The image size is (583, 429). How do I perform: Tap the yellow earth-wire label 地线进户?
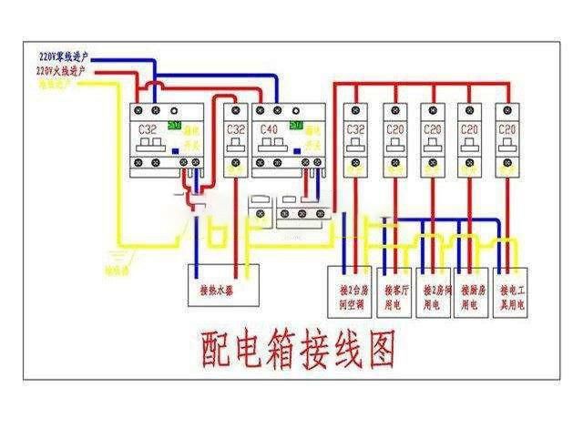pyautogui.click(x=55, y=83)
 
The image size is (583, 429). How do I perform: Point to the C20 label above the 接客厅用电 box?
pyautogui.click(x=394, y=129)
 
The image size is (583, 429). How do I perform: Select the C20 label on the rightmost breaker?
pyautogui.click(x=506, y=129)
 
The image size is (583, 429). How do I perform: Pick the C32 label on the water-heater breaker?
pyautogui.click(x=235, y=130)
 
